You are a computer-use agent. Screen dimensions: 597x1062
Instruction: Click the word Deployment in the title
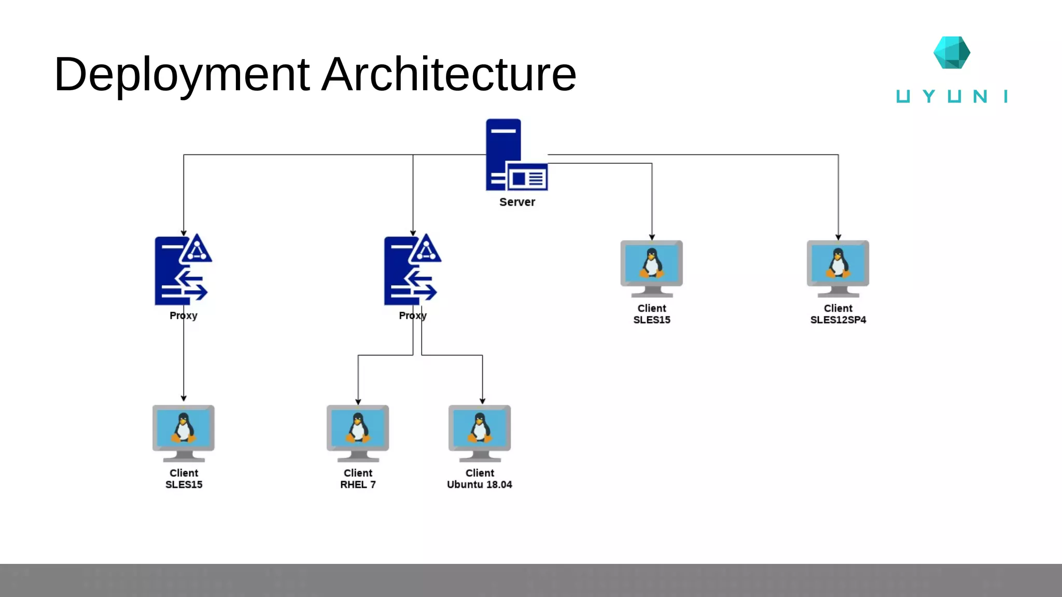tap(181, 75)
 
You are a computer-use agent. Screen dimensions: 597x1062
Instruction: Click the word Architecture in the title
tap(449, 75)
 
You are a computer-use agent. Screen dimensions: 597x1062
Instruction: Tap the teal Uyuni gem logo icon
tap(952, 52)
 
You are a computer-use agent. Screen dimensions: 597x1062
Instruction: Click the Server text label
tap(517, 202)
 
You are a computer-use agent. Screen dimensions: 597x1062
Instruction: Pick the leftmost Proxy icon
tap(183, 271)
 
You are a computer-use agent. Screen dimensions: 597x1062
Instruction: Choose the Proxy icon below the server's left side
tap(412, 271)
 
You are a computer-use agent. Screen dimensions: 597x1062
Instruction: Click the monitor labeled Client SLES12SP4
tap(838, 267)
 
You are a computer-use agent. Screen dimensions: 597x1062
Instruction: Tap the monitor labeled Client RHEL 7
tap(358, 432)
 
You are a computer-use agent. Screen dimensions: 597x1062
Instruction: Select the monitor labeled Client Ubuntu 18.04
tap(480, 432)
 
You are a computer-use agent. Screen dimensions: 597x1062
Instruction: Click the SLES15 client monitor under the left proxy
tap(184, 432)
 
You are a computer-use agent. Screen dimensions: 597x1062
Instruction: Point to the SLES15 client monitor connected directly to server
tap(652, 267)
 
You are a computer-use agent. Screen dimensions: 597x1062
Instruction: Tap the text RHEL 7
tap(358, 485)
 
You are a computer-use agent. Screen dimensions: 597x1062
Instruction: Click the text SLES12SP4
tap(838, 320)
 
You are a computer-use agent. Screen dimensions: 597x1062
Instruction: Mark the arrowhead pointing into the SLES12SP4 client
tap(838, 237)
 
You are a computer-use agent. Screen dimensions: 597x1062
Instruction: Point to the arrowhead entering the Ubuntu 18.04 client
tap(482, 402)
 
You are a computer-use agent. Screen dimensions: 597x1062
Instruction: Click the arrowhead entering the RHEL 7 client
tap(358, 402)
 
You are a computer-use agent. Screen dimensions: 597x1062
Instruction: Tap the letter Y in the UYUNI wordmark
tap(929, 96)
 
